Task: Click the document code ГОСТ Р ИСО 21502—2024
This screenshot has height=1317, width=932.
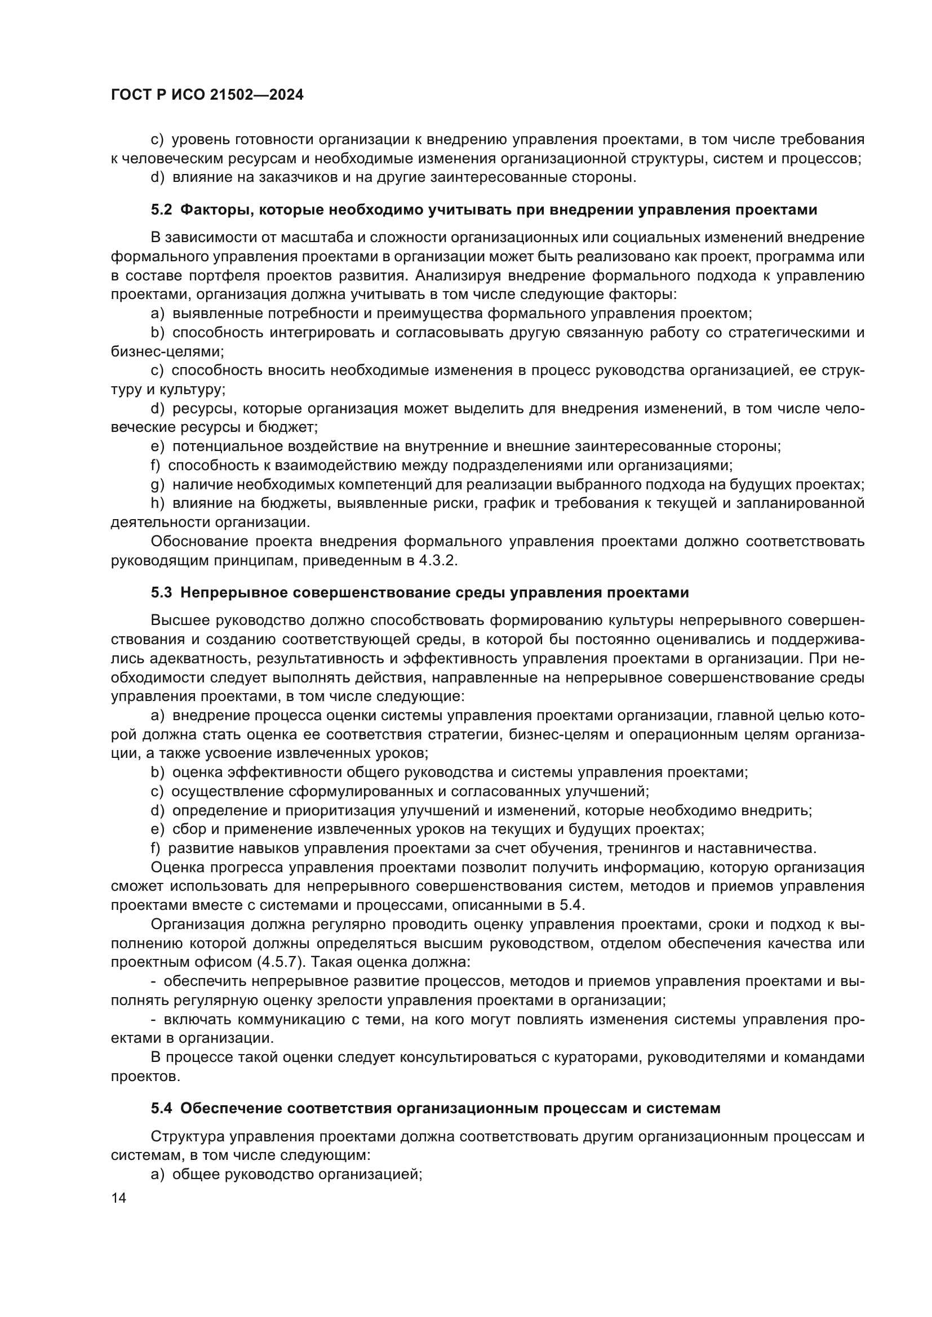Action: [x=207, y=95]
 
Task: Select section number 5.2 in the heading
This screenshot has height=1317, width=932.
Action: [x=161, y=210]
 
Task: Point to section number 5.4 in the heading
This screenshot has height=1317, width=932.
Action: [x=161, y=1109]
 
